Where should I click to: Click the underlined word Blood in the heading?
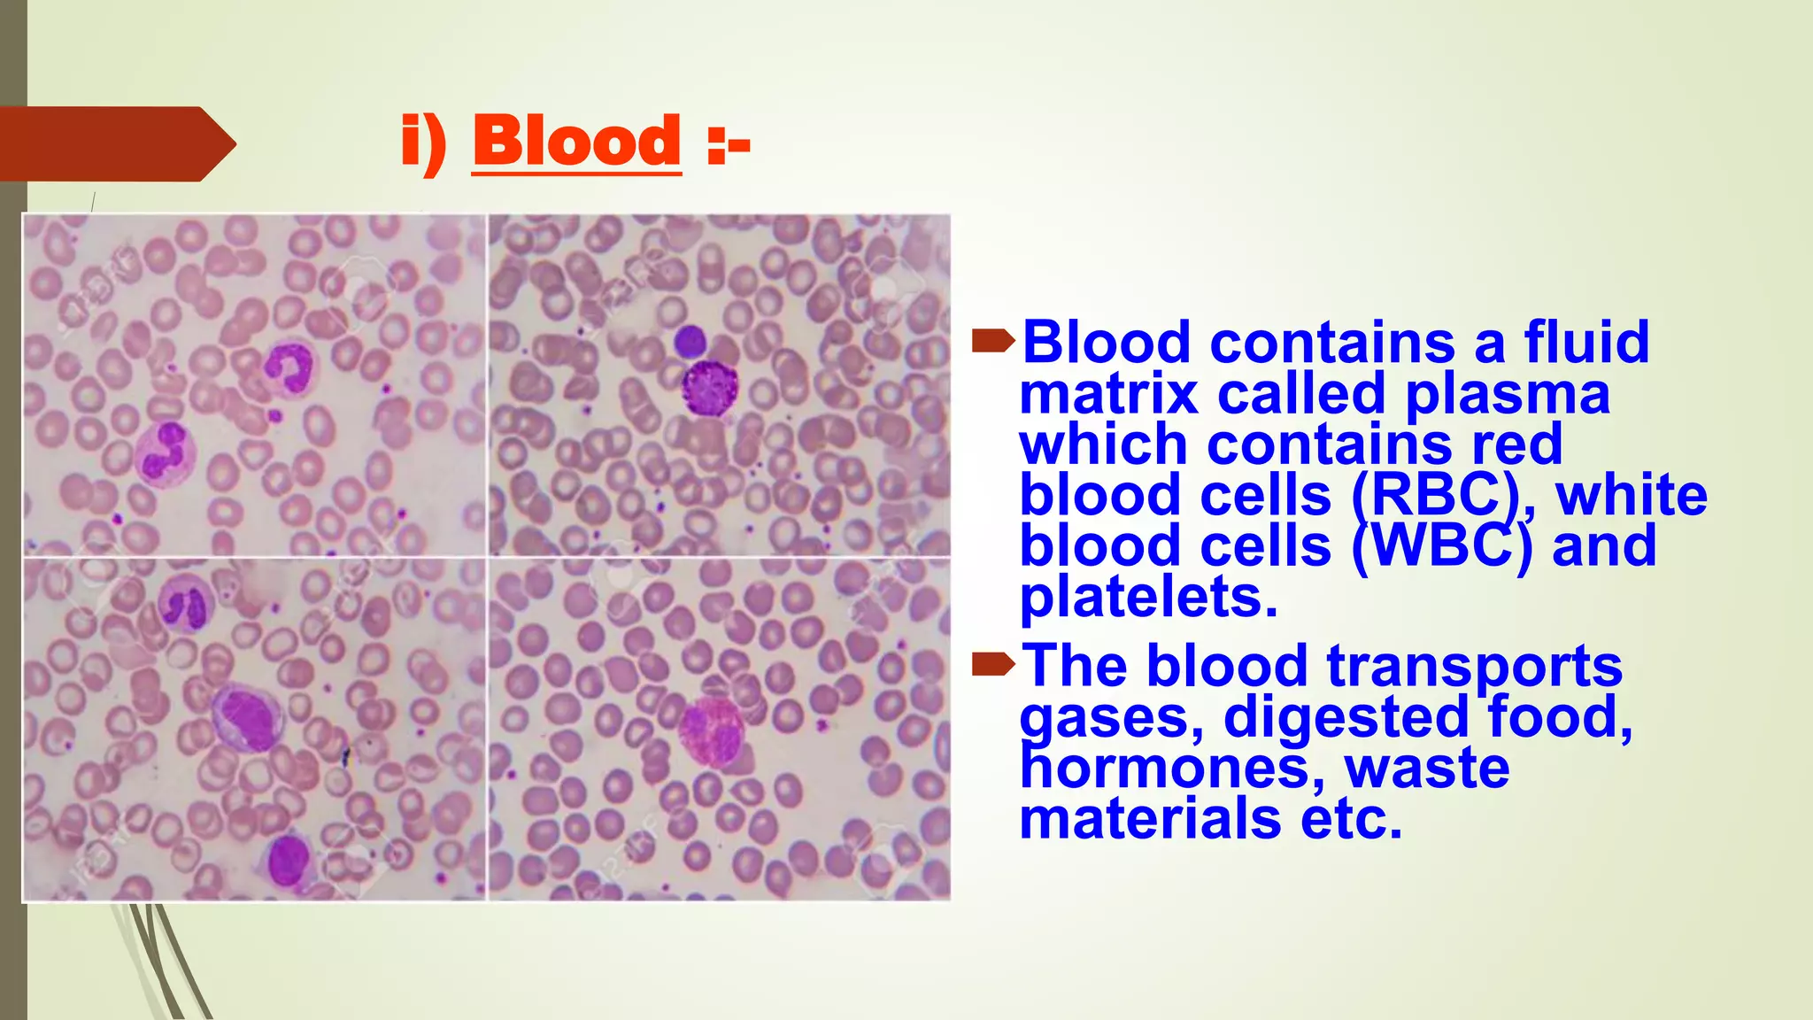576,142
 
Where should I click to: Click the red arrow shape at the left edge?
115,144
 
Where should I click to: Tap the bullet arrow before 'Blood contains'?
992,340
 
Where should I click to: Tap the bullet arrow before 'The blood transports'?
992,663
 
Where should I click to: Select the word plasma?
1508,395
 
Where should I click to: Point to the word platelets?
1148,598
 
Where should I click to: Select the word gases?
1110,716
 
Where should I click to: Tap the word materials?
1150,818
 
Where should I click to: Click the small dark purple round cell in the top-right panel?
689,341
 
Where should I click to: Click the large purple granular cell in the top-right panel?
709,388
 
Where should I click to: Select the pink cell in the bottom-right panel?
711,731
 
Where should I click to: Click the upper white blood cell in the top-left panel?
289,367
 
